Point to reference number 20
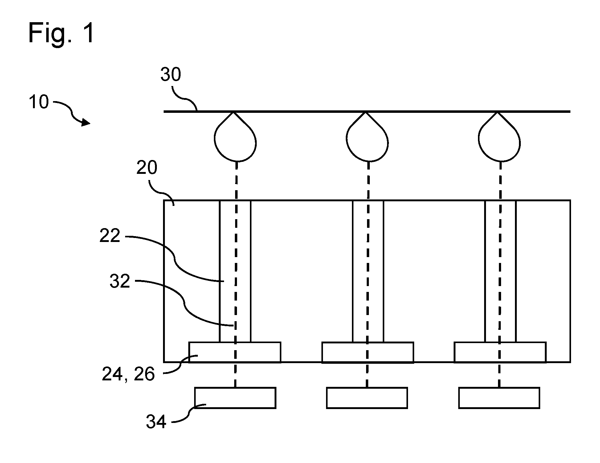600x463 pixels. [147, 168]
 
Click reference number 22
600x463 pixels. [110, 236]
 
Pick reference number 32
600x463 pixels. [120, 281]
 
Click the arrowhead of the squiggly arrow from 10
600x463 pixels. [86, 123]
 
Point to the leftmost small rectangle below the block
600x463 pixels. [235, 398]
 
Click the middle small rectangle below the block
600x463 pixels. [367, 398]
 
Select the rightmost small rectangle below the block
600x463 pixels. [499, 398]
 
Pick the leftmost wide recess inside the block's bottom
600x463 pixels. [235, 352]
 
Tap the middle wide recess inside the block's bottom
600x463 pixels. [368, 352]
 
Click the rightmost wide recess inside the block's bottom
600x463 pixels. [500, 352]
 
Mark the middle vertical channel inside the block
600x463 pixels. [368, 271]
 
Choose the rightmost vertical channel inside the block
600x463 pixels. [500, 271]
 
